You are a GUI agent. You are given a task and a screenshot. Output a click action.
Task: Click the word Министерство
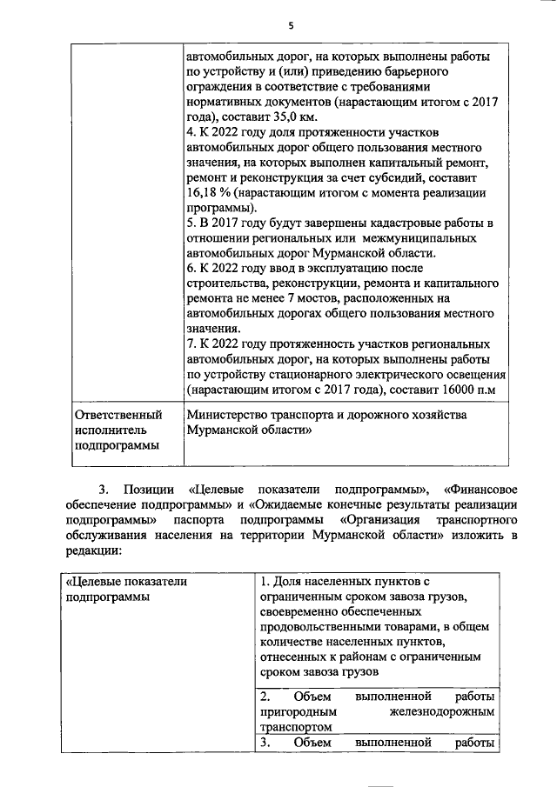coord(227,416)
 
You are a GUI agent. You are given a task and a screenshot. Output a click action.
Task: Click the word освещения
coord(470,375)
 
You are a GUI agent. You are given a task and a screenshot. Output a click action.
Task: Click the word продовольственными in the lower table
coord(316,626)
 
